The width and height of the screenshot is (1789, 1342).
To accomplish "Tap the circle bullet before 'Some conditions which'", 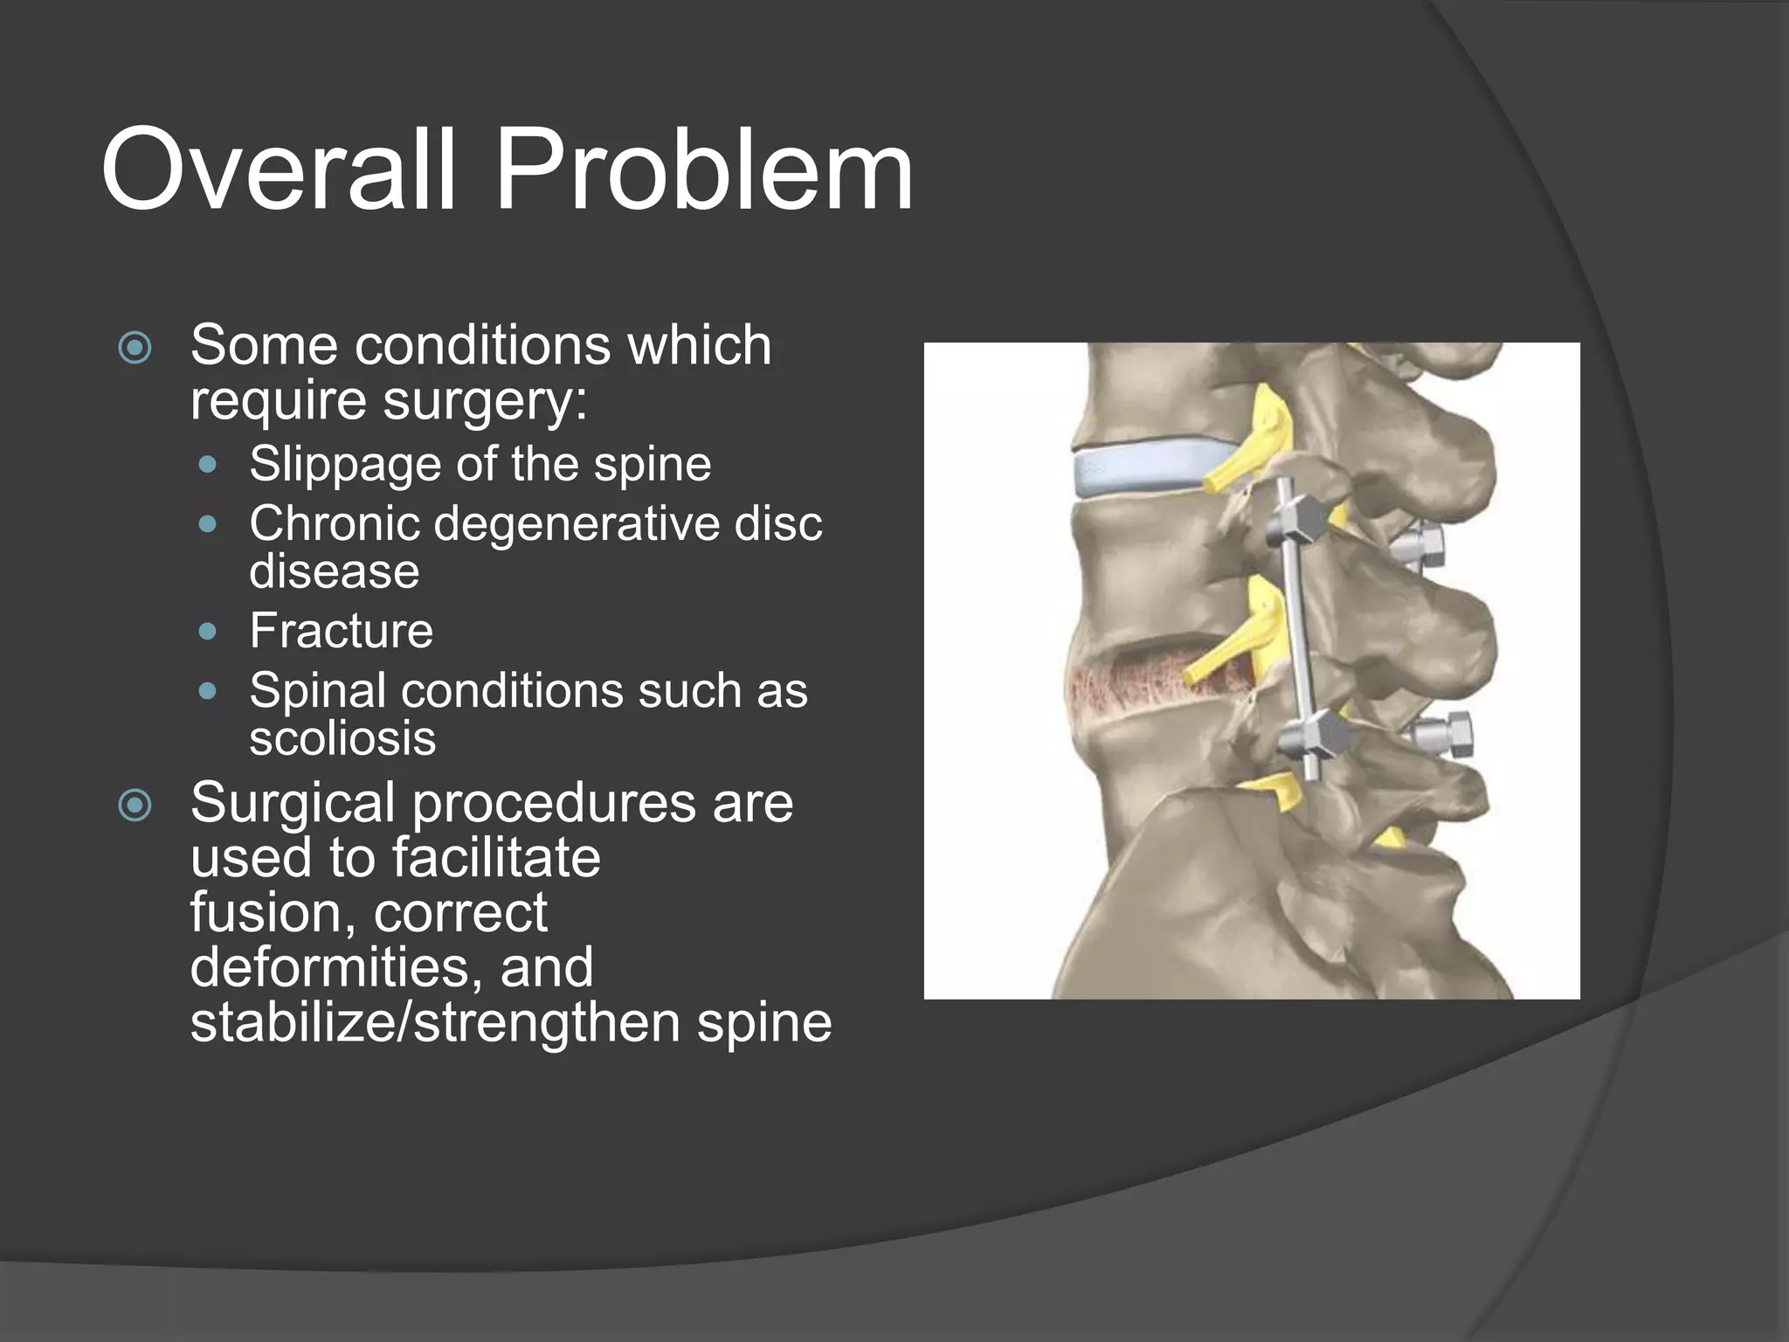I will tap(135, 348).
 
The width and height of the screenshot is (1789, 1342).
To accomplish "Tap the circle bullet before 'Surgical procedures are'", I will tap(135, 806).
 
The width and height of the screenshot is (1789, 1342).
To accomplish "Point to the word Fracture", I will tap(341, 631).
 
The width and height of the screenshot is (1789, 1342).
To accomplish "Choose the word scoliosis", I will tap(342, 738).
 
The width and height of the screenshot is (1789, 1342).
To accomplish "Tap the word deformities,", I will tap(336, 968).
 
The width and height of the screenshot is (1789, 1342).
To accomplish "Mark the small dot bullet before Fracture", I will tap(207, 631).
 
